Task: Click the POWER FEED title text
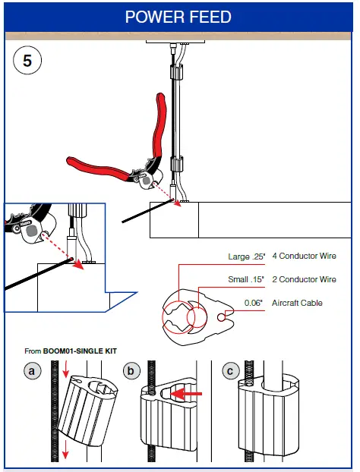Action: [x=178, y=17]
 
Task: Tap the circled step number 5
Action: [x=27, y=61]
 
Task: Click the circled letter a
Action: [x=32, y=370]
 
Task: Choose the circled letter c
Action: [x=231, y=370]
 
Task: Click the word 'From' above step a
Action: [x=33, y=351]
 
